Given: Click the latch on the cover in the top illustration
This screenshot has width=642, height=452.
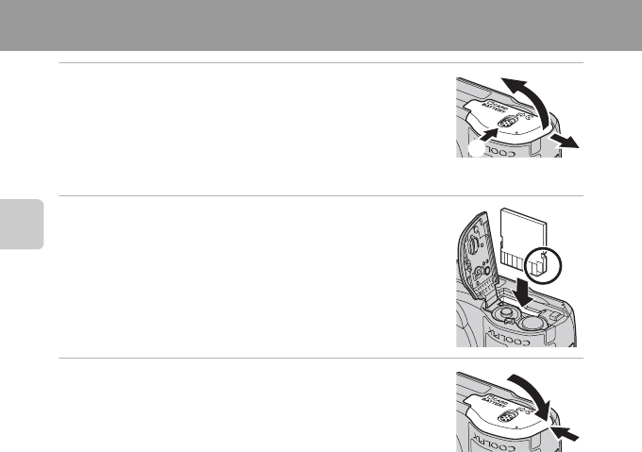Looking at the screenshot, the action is [x=506, y=125].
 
